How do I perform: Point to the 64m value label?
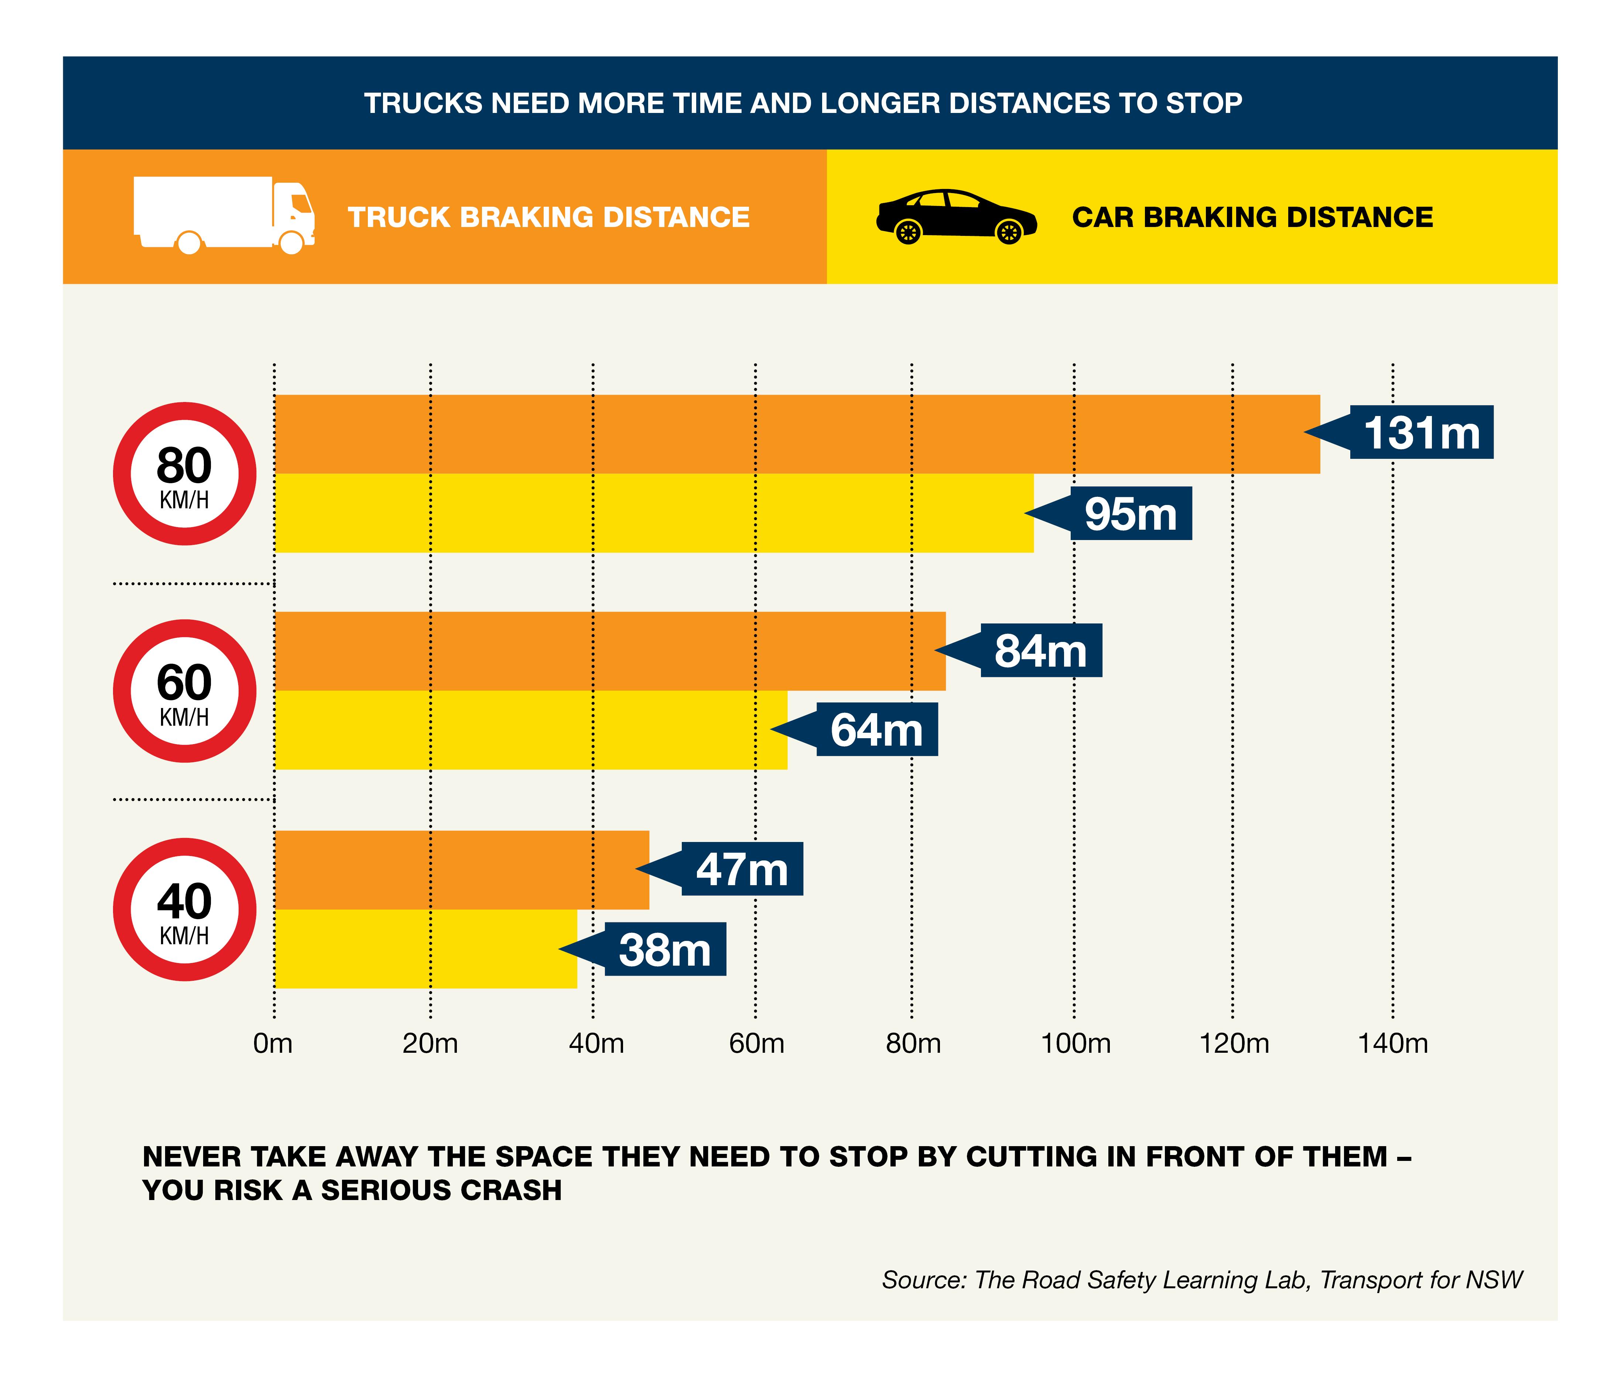[x=876, y=731]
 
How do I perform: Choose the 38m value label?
[x=664, y=950]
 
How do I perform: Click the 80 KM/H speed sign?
[x=185, y=474]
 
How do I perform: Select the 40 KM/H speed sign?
[x=185, y=910]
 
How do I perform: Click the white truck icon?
[x=224, y=215]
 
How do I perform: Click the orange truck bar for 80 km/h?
[x=795, y=434]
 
